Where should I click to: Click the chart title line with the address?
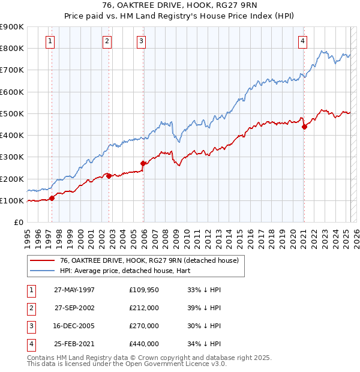pos(179,7)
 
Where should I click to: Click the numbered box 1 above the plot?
pos(49,41)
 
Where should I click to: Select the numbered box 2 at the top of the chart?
pos(107,41)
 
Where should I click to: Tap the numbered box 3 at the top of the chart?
pos(141,41)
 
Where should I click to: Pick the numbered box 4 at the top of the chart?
pos(303,41)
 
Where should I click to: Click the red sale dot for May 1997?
pos(52,198)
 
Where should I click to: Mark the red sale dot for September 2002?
pos(109,176)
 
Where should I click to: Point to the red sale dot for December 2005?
pos(143,163)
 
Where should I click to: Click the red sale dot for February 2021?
pos(304,127)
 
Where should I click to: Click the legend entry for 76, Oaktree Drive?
pos(149,260)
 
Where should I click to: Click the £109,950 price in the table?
pos(144,290)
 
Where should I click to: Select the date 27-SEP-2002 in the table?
pos(74,308)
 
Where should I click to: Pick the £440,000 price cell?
pos(144,344)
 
